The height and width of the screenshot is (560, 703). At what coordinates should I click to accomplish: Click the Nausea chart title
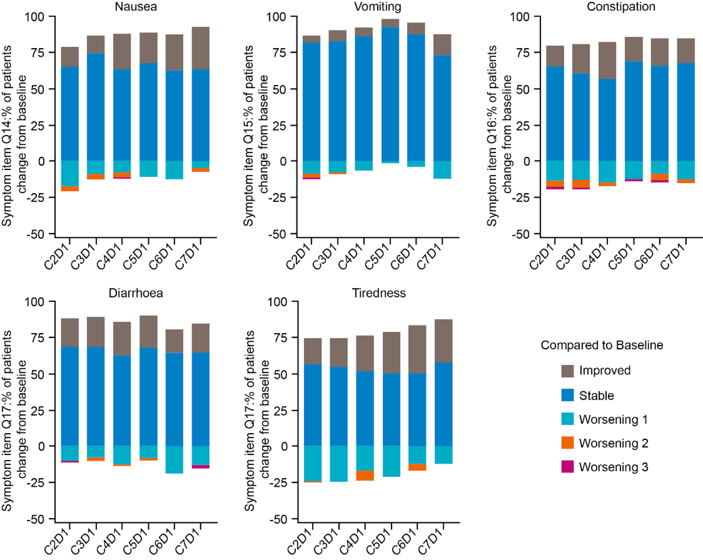point(136,7)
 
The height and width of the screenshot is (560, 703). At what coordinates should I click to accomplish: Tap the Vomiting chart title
point(377,7)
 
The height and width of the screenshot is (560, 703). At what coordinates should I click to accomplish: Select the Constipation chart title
point(621,7)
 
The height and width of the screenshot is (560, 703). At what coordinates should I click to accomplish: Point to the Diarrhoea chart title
point(136,293)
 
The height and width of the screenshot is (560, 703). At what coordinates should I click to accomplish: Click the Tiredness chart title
point(379,293)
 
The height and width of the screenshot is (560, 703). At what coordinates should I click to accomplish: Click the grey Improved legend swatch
point(567,371)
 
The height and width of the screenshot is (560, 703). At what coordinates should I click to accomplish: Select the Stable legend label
point(596,396)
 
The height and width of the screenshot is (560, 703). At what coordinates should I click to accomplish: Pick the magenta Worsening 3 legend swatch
point(567,467)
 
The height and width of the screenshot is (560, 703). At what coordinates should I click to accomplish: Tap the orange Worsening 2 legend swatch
point(567,443)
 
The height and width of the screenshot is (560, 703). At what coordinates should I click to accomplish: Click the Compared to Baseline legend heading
point(601,345)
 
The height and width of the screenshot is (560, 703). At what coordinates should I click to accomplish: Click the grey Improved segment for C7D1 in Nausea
point(201,48)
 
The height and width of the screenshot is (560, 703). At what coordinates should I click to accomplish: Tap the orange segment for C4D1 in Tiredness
point(365,476)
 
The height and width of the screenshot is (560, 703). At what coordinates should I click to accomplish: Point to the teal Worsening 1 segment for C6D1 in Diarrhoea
point(175,459)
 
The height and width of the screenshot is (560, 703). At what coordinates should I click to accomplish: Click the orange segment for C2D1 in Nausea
point(70,189)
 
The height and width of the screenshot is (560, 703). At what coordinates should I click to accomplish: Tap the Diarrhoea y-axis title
point(14,421)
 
